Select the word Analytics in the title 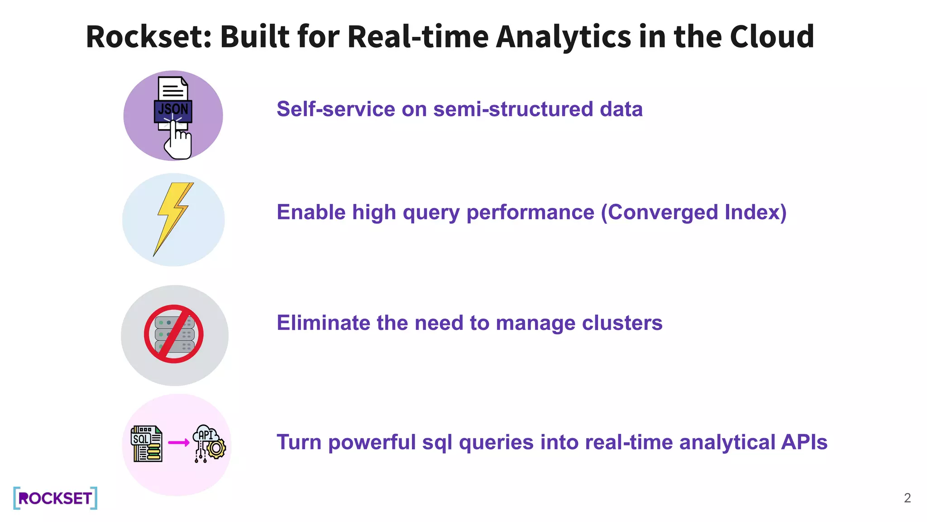coord(564,37)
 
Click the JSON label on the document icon coord(173,109)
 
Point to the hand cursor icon coord(177,141)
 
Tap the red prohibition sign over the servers coord(174,334)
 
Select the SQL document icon coord(146,444)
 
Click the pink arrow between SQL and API coord(179,443)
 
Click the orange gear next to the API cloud coord(216,449)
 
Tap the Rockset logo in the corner coord(55,498)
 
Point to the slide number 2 coord(907,498)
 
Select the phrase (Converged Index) coord(693,213)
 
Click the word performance coord(530,213)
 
